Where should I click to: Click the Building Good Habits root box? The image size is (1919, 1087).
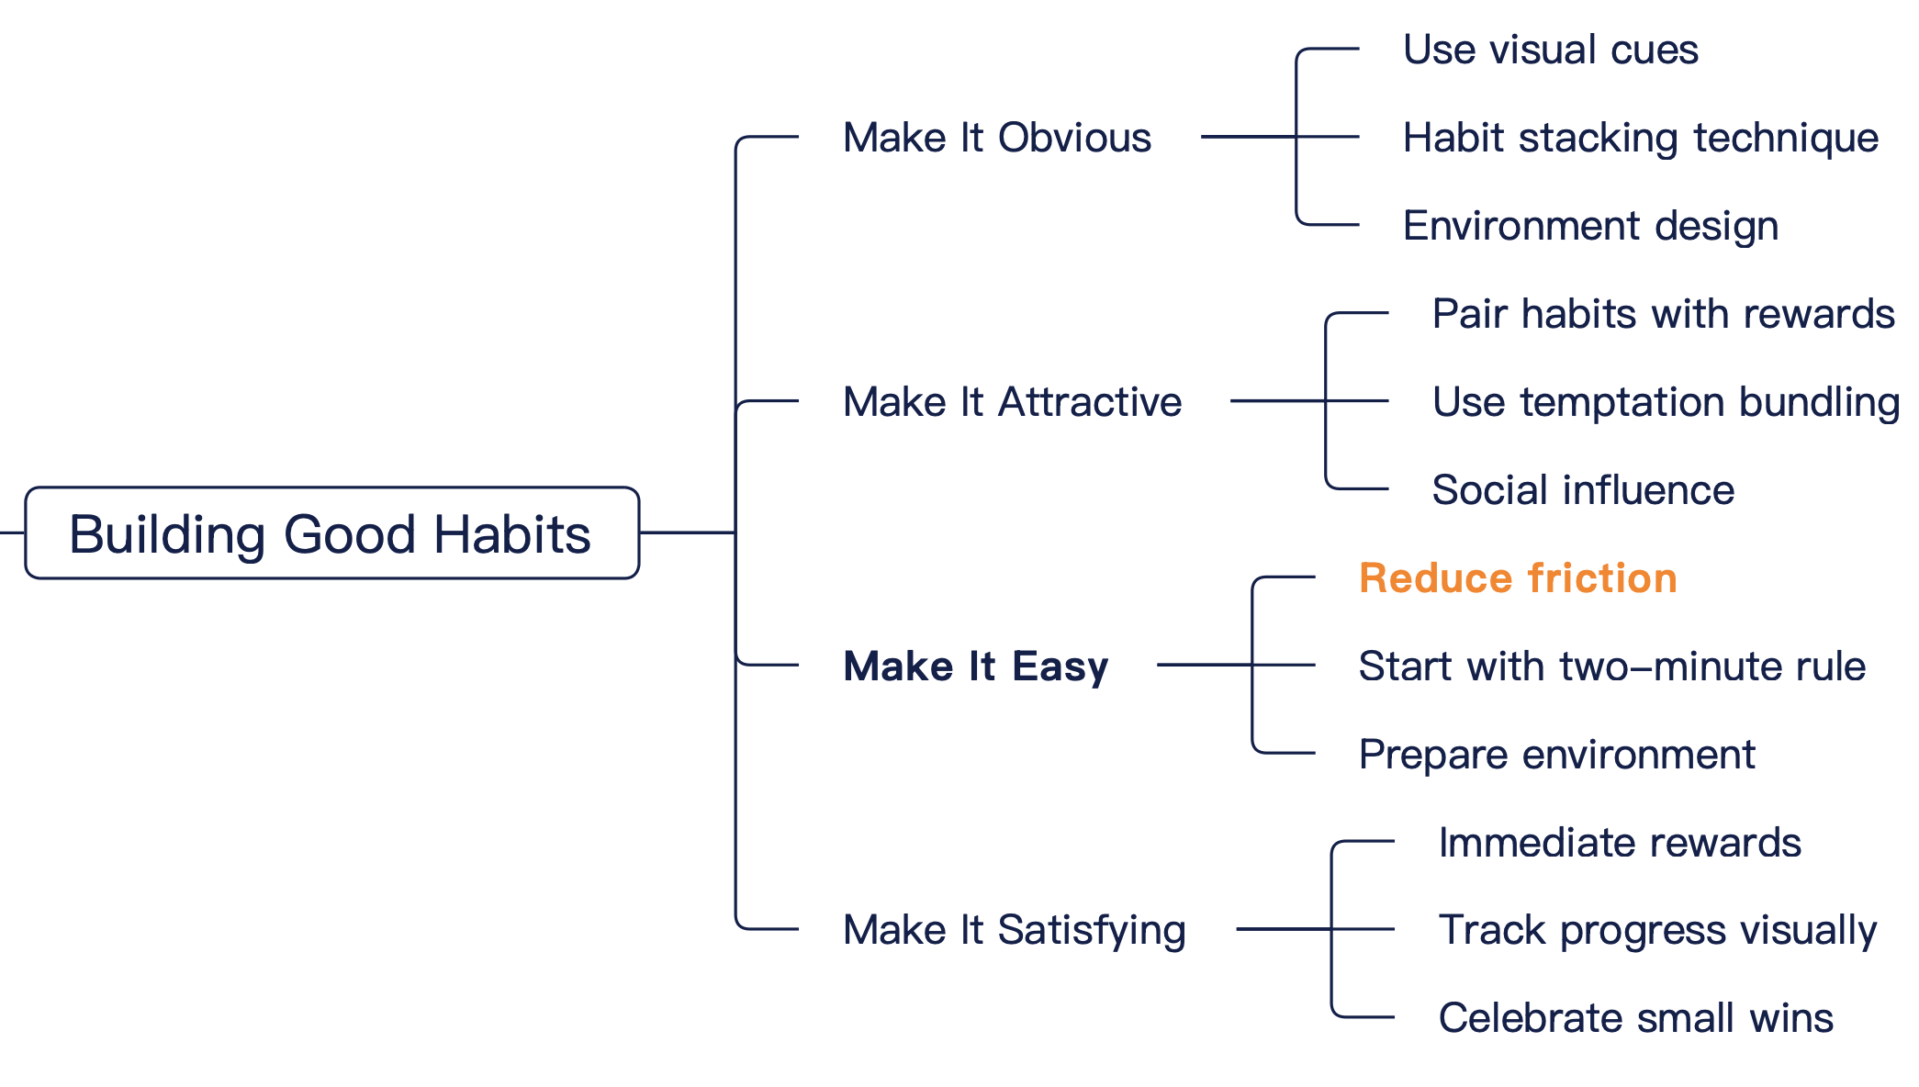tap(332, 532)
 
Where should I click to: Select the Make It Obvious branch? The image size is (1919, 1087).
tap(997, 138)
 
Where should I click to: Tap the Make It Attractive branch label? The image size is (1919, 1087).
tap(1013, 402)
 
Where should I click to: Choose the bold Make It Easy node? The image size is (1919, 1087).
tap(976, 667)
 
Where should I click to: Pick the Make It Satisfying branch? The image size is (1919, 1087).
tap(1015, 930)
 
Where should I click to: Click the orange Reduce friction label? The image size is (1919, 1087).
tap(1519, 578)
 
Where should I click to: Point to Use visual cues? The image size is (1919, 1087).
tap(1551, 50)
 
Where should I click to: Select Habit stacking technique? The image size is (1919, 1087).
tap(1641, 138)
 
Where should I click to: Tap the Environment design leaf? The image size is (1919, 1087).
tap(1591, 226)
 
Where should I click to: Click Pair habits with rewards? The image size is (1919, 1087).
tap(1664, 314)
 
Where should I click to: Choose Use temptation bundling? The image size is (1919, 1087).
tap(1666, 402)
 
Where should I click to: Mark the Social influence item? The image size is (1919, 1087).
tap(1584, 490)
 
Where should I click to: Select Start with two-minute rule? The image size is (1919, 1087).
tap(1612, 667)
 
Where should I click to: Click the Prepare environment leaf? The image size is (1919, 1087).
tap(1557, 755)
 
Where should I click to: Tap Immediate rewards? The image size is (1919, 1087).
tap(1620, 843)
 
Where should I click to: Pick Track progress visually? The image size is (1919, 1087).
tap(1658, 930)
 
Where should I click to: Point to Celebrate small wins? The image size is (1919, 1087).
tap(1636, 1018)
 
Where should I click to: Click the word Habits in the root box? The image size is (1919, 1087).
tap(512, 534)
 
